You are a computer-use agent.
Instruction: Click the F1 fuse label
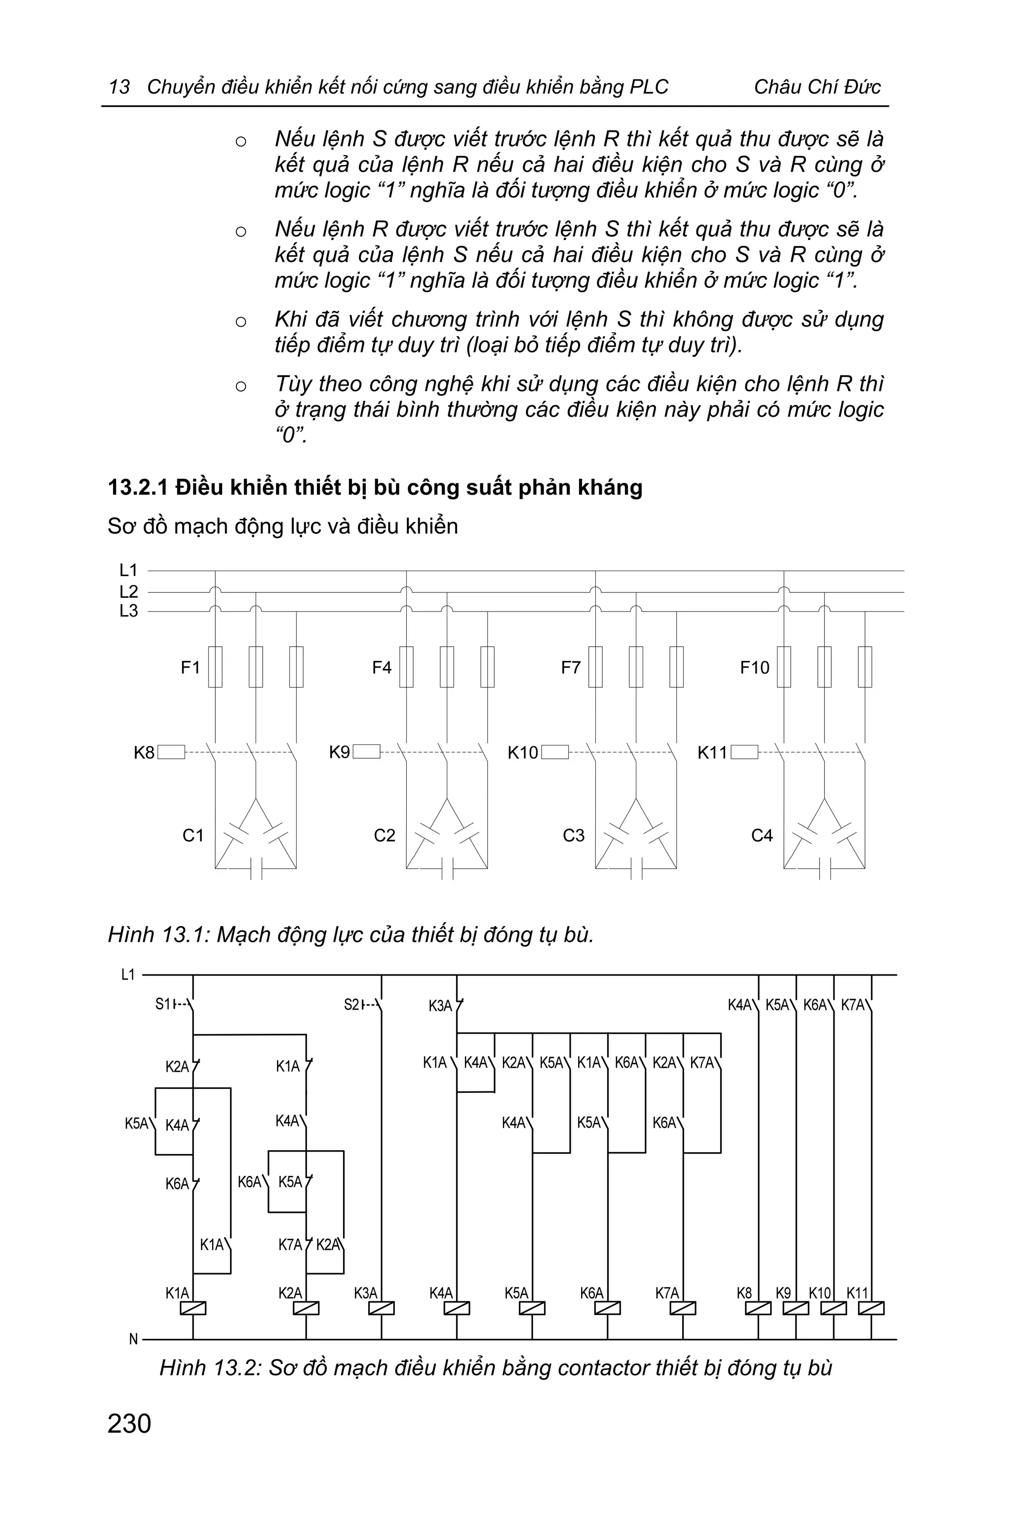click(x=190, y=667)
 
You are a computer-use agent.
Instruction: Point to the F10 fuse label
click(x=754, y=667)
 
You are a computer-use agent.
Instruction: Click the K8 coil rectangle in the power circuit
click(x=171, y=752)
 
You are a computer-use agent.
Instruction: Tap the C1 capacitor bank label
click(x=193, y=836)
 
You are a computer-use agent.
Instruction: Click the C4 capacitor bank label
click(x=762, y=836)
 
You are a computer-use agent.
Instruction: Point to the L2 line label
click(x=128, y=591)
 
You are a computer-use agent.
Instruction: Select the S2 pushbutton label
click(x=352, y=1005)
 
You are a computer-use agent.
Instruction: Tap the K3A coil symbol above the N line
click(x=382, y=1309)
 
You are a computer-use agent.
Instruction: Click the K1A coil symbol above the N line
click(x=194, y=1309)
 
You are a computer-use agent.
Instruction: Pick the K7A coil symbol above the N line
click(x=683, y=1309)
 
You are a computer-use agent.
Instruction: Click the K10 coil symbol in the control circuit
click(x=834, y=1309)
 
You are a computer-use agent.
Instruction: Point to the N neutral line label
click(x=133, y=1339)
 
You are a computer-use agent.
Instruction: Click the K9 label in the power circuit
click(x=339, y=752)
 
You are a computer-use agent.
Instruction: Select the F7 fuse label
click(x=571, y=667)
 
